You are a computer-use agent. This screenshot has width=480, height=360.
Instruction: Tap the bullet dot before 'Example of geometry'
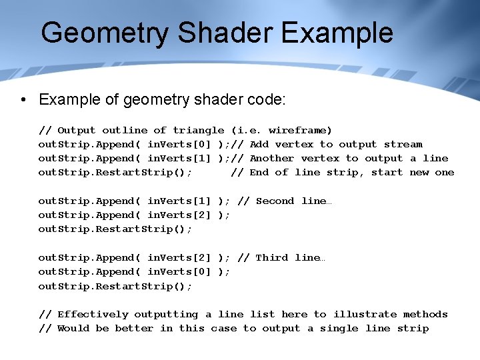tap(23, 100)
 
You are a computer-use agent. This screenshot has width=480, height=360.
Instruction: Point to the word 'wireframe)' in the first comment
tap(301, 130)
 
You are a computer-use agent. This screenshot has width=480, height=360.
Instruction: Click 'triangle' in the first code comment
tap(199, 130)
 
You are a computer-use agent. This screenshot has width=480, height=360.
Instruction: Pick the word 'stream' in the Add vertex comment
tap(403, 144)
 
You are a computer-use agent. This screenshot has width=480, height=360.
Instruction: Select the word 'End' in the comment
tap(259, 172)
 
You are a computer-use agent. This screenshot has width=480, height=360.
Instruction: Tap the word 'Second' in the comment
tap(275, 201)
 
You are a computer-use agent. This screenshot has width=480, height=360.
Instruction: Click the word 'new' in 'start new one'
tap(419, 172)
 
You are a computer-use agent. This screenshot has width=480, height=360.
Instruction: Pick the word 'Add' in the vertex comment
tap(259, 144)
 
